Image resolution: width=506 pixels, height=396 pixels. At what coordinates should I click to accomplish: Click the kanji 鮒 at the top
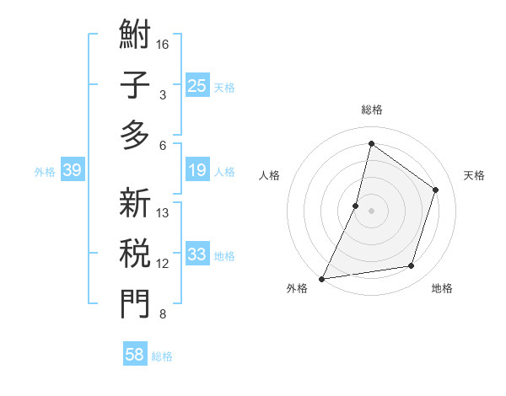(135, 36)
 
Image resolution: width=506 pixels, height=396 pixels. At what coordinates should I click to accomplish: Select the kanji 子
(135, 86)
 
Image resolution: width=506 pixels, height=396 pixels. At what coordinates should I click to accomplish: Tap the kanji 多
(135, 136)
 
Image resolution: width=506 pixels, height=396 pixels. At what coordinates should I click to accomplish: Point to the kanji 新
(135, 203)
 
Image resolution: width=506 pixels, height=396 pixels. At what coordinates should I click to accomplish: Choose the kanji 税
(135, 254)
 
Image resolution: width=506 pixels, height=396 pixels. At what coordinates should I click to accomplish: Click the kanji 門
(135, 304)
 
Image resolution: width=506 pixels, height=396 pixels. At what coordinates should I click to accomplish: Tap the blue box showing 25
(196, 85)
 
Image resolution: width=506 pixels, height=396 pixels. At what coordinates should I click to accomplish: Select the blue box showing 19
(196, 170)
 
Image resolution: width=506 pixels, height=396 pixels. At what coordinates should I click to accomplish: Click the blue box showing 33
(196, 254)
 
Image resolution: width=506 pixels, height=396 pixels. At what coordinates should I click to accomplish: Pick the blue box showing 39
(72, 171)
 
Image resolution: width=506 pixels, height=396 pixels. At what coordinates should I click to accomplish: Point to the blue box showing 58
(135, 355)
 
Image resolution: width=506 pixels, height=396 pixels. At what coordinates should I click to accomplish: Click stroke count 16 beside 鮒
(163, 44)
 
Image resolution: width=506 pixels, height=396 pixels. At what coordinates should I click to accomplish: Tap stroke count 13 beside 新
(163, 213)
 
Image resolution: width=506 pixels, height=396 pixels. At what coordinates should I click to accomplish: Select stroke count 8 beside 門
(163, 315)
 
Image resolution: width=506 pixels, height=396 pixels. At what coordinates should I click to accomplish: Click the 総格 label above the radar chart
(372, 110)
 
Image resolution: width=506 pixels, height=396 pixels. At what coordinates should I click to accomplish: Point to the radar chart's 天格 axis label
(474, 175)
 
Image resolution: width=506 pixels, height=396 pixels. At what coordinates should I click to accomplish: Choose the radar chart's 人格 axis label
(269, 175)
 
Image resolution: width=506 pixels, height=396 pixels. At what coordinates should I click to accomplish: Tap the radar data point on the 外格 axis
(322, 278)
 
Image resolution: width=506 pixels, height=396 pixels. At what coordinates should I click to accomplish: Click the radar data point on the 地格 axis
(412, 266)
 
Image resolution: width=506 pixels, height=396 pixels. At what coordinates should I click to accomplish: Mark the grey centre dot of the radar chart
(371, 211)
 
